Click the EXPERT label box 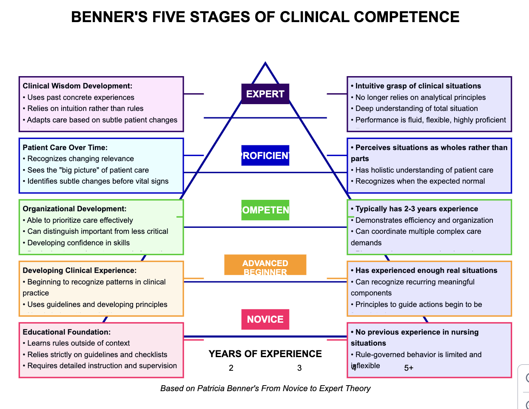265,94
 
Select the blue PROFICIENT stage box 265,156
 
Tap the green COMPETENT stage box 265,210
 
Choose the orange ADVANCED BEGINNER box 265,265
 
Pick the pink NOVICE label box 265,319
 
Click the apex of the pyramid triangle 265,64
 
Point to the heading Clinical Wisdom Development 77,86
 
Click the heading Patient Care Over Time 65,148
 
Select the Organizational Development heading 74,209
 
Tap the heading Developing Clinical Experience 80,270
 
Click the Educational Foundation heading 67,332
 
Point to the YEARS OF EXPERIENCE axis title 265,354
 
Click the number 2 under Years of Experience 231,368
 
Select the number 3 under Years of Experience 299,368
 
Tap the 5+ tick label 409,368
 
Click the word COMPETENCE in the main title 406,17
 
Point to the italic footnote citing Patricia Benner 265,388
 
